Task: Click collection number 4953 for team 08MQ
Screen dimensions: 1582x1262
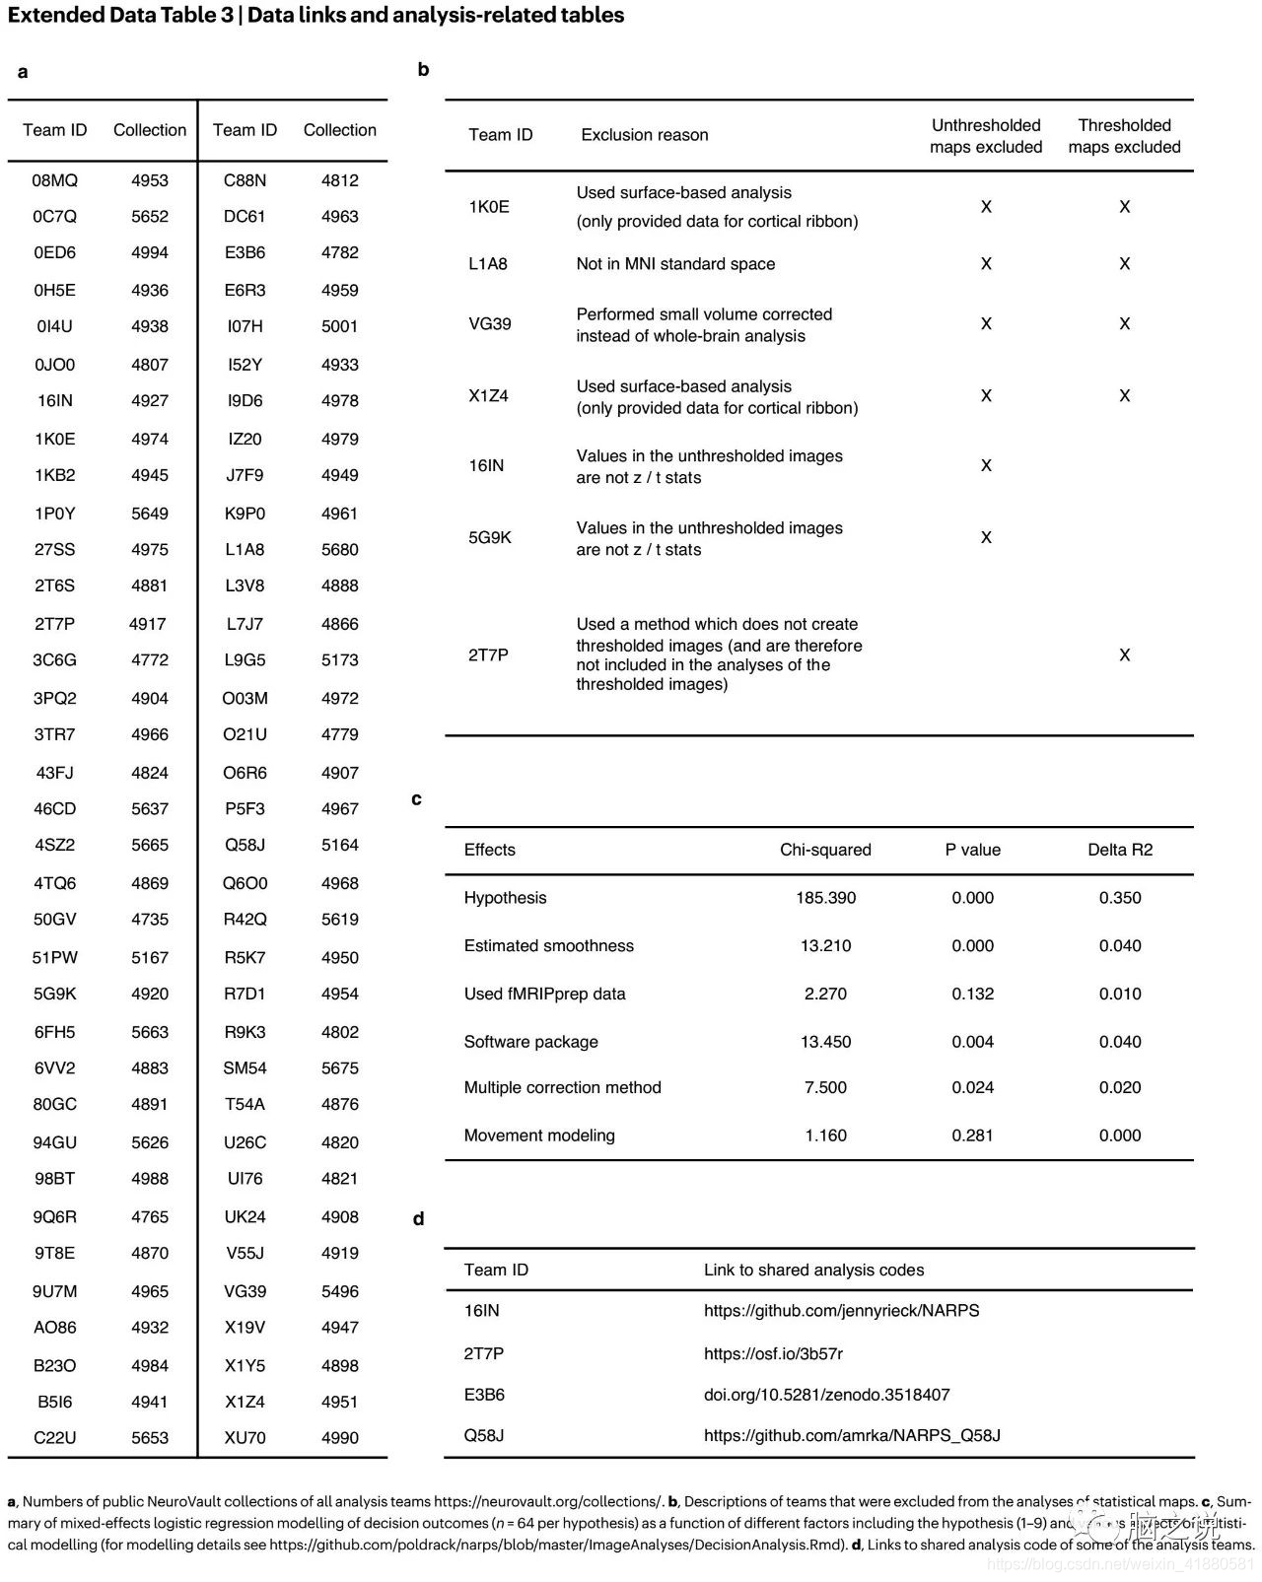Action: [x=150, y=180]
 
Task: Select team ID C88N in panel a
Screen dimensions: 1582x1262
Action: [x=245, y=180]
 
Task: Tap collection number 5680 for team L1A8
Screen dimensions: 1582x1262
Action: [x=339, y=549]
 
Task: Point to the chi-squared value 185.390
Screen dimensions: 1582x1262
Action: [x=825, y=898]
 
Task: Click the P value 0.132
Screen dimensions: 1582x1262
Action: [x=972, y=994]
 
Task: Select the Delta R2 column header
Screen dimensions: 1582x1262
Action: [x=1120, y=850]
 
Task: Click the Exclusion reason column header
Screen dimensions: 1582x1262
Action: [x=644, y=135]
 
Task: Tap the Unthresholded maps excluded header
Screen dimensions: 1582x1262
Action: [x=985, y=136]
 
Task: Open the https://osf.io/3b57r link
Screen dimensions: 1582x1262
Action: [x=773, y=1353]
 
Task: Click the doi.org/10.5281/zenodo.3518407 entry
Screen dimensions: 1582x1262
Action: [x=826, y=1395]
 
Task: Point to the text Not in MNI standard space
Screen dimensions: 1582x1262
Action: [x=675, y=264]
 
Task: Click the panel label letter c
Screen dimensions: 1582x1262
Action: [x=416, y=799]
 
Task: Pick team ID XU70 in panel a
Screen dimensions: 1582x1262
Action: [x=245, y=1438]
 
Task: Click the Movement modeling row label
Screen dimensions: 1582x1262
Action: [x=539, y=1135]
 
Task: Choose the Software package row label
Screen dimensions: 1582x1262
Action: [x=530, y=1042]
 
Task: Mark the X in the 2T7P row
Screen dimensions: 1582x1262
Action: [x=1124, y=655]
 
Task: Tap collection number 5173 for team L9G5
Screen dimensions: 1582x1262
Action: [x=339, y=660]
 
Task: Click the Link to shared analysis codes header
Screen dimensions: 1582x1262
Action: [x=813, y=1270]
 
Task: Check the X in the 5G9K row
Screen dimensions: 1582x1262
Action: [x=985, y=538]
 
